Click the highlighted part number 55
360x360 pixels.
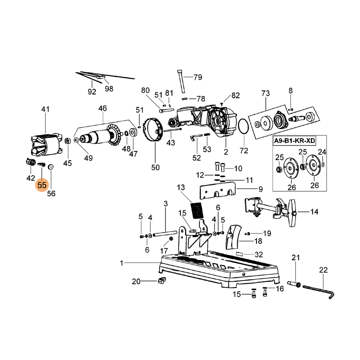coord(42,184)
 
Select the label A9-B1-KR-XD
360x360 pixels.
coord(295,141)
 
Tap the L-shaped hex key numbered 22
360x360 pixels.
coord(319,289)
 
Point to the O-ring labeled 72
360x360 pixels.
coord(243,127)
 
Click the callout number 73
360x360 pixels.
coord(265,94)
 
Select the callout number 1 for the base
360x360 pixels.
coord(121,262)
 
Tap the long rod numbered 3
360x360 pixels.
coord(164,234)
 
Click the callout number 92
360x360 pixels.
coord(92,91)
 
